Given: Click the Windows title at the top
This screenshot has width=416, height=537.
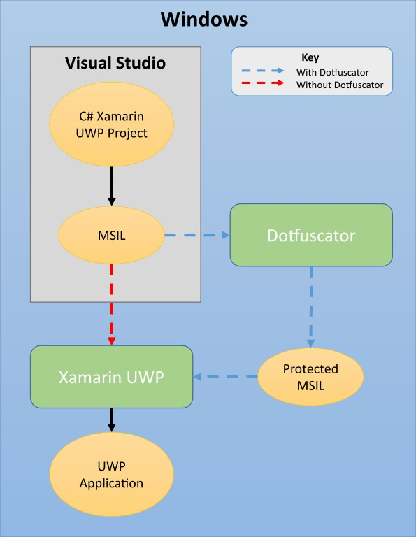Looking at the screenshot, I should pos(203,19).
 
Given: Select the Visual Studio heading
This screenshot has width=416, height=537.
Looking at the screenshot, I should pos(115,63).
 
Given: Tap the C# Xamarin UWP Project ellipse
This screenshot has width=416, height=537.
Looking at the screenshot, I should pos(111,125).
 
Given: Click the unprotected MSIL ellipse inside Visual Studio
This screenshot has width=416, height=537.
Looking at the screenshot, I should pos(111,235).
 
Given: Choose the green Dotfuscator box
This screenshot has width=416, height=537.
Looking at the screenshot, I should pos(311,235).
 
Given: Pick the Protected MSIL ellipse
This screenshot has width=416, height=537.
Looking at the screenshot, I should pos(310,377).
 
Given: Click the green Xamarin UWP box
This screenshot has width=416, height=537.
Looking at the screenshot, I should pos(111,377).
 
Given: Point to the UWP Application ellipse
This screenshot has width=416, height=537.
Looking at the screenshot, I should pos(111,475).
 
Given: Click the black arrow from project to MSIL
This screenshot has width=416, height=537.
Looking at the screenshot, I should pos(111,184).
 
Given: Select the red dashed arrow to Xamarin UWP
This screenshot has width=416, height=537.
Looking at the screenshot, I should pos(111,304).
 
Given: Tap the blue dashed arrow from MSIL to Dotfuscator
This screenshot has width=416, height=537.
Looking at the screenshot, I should pos(197,235).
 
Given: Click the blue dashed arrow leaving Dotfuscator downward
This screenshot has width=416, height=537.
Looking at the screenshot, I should pos(310,308).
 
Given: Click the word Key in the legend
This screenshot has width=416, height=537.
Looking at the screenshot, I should pos(310,57).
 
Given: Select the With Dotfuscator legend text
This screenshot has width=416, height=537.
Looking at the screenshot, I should pos(333,71).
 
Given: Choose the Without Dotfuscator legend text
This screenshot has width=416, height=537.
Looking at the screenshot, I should pos(340,85).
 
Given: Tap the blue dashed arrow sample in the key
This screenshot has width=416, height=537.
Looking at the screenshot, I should pos(263,71).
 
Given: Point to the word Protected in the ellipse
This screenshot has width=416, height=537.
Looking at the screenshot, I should pos(310,369).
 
